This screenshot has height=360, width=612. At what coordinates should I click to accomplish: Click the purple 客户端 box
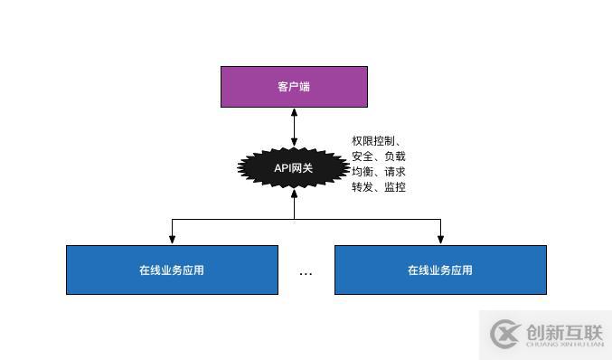click(294, 87)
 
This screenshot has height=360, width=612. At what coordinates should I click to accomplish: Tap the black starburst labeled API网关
click(294, 167)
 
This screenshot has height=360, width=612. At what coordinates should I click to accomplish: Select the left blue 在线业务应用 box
click(172, 270)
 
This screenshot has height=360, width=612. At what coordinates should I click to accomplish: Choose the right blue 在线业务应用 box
click(440, 270)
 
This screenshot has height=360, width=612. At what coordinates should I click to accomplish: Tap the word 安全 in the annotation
click(362, 156)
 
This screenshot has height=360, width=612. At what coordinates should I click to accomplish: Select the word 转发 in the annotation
click(362, 187)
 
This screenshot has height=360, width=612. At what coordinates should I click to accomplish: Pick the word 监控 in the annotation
click(395, 187)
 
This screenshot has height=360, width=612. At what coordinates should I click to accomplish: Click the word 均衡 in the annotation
click(362, 172)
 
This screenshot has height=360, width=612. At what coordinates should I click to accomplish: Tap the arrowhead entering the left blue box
click(172, 240)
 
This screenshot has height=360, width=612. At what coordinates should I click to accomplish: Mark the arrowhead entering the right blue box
click(440, 240)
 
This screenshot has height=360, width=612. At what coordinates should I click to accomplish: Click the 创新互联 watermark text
click(564, 330)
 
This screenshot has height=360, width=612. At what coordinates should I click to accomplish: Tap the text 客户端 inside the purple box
click(294, 87)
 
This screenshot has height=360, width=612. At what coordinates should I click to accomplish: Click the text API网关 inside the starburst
click(294, 167)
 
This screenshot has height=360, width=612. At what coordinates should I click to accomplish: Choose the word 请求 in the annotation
click(395, 172)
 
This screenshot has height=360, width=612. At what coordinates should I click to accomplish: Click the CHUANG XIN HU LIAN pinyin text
click(564, 344)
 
